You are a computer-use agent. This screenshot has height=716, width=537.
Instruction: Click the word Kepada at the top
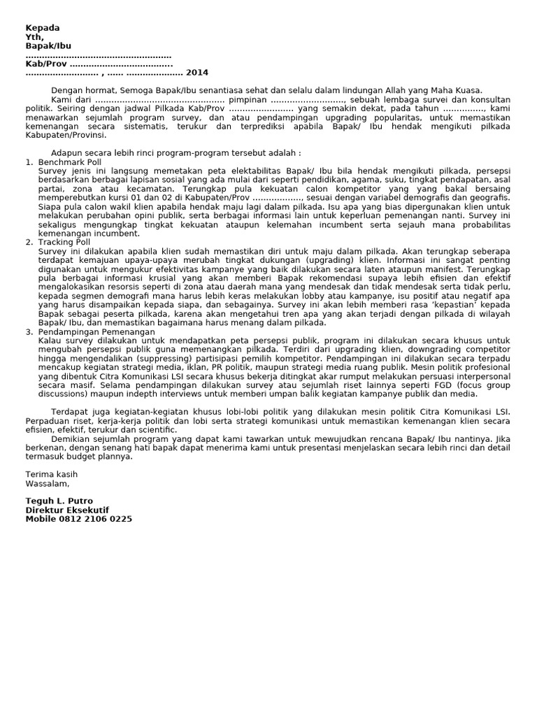click(x=43, y=28)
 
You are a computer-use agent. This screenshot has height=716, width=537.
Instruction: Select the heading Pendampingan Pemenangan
click(x=96, y=331)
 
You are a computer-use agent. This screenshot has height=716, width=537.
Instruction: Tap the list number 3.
click(x=29, y=331)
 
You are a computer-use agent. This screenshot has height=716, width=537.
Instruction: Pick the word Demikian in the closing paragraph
click(x=72, y=438)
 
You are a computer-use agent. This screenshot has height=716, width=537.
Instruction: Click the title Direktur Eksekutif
click(x=67, y=510)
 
